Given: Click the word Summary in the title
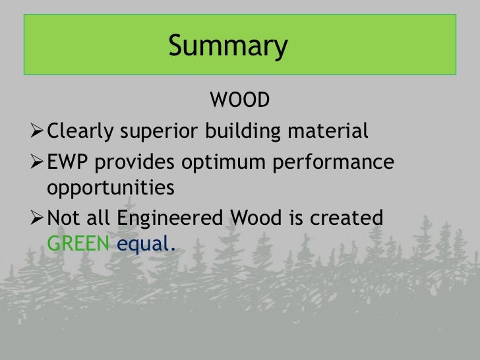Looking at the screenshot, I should pos(228,47).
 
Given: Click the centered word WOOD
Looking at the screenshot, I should pos(240,101).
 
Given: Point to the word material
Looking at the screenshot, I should pos(328,131).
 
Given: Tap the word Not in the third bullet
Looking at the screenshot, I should pos(65,217).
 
